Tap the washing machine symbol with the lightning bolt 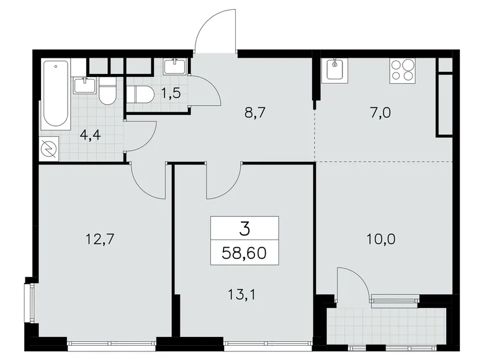click(49, 149)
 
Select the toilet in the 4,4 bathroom click(107, 91)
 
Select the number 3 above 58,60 click(244, 229)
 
